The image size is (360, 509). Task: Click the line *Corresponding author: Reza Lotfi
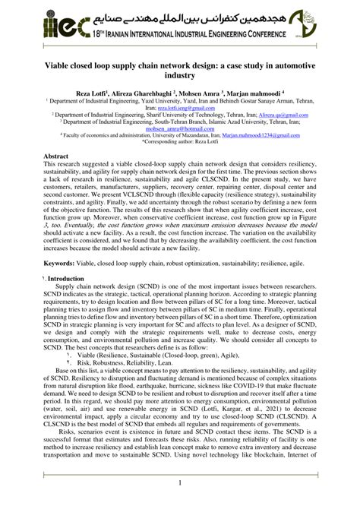coord(180,143)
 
